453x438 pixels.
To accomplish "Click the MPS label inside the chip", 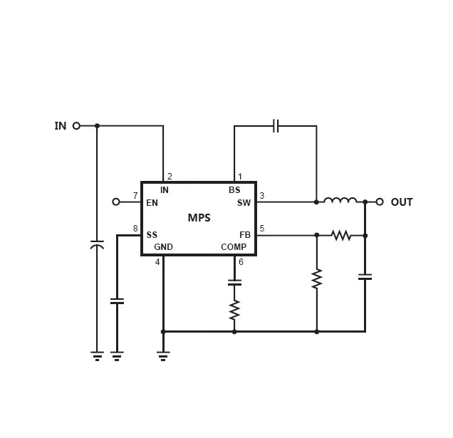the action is [x=199, y=217].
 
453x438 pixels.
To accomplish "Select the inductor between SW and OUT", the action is [x=340, y=200].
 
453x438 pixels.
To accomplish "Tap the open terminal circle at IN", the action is [x=76, y=125].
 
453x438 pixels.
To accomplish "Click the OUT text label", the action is [x=402, y=202].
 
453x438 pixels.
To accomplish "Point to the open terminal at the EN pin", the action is [x=116, y=202].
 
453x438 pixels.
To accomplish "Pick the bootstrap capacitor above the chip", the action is [x=276, y=125].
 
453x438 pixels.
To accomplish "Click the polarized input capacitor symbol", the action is [x=97, y=244].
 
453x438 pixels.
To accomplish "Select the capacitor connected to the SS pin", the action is [x=117, y=301].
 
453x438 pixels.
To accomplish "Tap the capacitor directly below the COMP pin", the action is [x=234, y=282].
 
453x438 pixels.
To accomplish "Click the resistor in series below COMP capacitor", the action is [x=234, y=309].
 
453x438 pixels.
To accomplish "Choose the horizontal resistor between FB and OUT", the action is [x=341, y=236].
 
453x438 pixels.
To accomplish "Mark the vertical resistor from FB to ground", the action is [x=317, y=278].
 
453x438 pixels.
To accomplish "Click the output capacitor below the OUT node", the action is [x=365, y=277].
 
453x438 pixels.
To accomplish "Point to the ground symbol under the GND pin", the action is [x=163, y=356].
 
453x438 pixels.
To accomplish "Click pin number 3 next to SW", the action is [x=261, y=196].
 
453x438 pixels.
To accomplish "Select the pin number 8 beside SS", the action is [x=135, y=229].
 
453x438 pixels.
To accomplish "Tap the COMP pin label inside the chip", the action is [x=234, y=247].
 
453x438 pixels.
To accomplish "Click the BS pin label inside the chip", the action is [x=234, y=190].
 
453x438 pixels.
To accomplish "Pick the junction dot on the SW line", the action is [x=316, y=202].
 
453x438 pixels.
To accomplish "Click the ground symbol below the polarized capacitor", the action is [x=97, y=356].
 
